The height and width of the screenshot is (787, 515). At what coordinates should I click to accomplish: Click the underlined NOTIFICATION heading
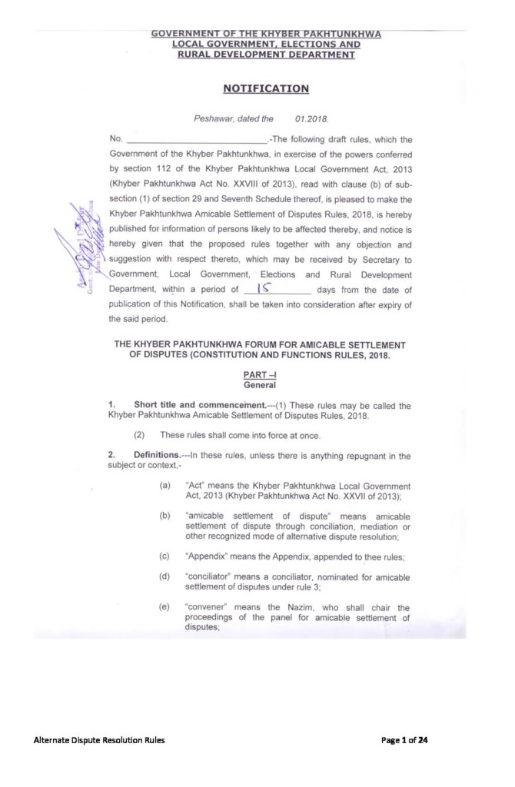(266, 88)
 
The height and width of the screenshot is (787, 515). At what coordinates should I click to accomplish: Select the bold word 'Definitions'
(160, 456)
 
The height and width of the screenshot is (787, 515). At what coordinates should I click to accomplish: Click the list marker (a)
(165, 486)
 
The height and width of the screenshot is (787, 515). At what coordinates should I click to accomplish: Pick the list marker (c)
(165, 553)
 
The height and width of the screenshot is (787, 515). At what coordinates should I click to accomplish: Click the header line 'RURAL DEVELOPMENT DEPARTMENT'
(266, 55)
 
